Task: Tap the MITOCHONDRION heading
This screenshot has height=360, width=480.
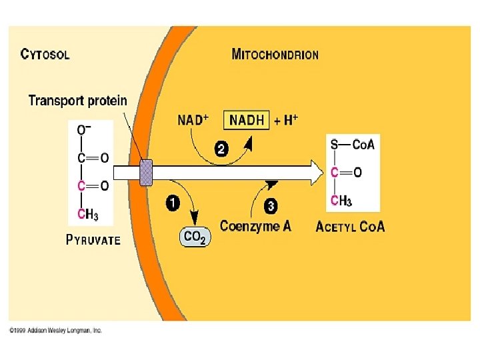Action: point(275,54)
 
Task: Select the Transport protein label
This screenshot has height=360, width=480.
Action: point(77,101)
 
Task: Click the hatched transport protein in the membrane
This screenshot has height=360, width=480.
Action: point(145,173)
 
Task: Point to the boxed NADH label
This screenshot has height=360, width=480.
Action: point(247,121)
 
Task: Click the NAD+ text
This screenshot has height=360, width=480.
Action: point(193,121)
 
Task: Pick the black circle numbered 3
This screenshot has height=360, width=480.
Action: point(271,207)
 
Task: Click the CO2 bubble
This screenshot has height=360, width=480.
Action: point(195,236)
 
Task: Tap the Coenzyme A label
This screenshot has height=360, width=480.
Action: point(255,226)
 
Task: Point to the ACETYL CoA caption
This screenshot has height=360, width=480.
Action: point(349,227)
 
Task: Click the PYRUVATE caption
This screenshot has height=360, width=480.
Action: point(93,240)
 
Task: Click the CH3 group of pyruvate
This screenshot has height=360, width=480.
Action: point(89,214)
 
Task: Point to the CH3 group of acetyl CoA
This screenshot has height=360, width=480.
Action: point(341,200)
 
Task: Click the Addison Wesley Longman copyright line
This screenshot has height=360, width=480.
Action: point(55,331)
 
